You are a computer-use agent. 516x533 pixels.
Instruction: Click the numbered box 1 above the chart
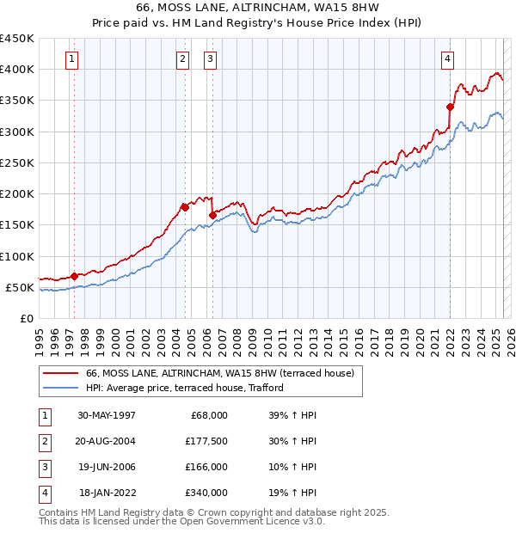71,59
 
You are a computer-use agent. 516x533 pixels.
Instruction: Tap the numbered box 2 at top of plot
183,59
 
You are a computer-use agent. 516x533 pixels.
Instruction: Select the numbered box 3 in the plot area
211,59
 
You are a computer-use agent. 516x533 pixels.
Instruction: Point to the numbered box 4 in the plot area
448,59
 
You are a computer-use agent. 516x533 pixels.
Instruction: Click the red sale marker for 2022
450,107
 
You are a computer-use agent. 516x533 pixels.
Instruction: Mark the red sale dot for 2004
185,207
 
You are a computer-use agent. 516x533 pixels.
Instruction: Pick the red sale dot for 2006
212,215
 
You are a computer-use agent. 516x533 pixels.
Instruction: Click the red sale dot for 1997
75,276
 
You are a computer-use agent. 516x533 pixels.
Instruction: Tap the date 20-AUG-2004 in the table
107,441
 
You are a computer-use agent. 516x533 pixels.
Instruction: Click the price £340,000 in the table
206,493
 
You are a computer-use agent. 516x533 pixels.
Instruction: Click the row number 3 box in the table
44,467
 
